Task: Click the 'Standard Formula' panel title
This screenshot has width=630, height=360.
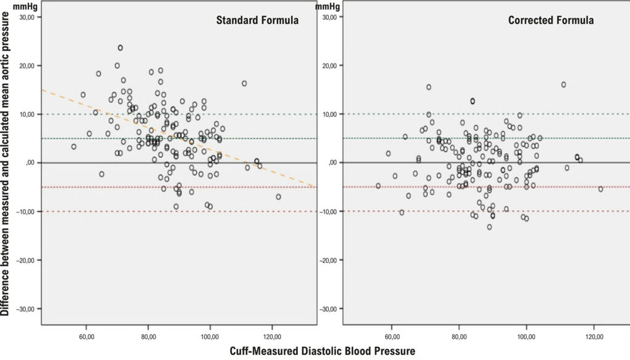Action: [257, 20]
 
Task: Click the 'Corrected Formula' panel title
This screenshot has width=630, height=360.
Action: [551, 20]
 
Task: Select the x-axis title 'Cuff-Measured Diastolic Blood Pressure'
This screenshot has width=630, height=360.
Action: [322, 351]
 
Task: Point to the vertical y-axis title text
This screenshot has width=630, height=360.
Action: [5, 164]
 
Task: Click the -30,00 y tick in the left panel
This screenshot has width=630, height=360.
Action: [28, 309]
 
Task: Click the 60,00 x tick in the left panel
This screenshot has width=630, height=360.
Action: [86, 337]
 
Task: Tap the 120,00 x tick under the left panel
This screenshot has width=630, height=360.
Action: [271, 337]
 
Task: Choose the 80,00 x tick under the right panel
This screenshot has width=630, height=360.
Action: [459, 337]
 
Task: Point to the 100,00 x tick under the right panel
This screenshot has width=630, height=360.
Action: [527, 337]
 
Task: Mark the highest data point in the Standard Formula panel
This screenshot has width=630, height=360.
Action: [120, 48]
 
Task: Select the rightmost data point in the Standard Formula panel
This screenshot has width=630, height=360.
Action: [278, 197]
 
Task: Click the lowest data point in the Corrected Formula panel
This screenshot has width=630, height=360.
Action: [489, 227]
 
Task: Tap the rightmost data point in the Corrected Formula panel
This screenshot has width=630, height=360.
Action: [600, 189]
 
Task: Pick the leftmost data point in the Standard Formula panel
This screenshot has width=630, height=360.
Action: [74, 146]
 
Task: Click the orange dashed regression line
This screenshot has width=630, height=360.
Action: [179, 138]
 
